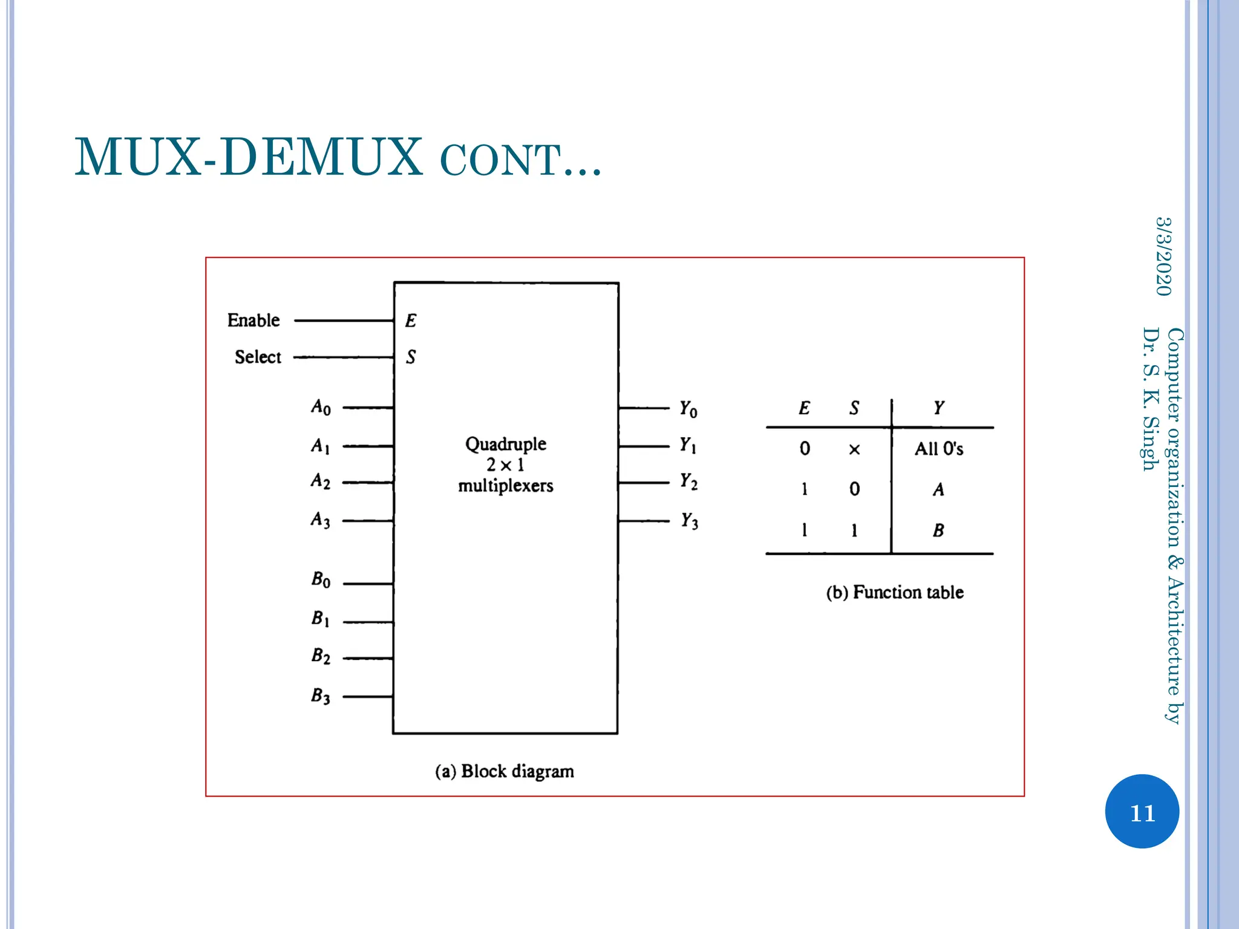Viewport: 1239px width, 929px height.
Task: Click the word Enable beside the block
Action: [x=253, y=320]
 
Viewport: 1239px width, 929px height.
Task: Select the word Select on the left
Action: [x=258, y=357]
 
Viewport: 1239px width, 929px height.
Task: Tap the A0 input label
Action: [x=321, y=407]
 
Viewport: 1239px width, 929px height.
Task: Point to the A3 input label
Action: [x=321, y=520]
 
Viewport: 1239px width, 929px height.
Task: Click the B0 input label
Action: [x=321, y=579]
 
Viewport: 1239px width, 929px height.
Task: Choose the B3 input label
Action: [x=321, y=696]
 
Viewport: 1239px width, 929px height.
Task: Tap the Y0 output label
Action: [x=688, y=409]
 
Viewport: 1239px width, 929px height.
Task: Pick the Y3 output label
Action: [x=689, y=520]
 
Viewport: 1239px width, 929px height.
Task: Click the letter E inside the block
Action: [x=411, y=321]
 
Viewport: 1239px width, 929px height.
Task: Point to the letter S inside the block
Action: [x=411, y=357]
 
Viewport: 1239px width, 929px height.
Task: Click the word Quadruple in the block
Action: [x=506, y=444]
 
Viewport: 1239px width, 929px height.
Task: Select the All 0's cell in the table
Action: [x=938, y=449]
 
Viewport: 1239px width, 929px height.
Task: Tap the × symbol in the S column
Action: [x=854, y=449]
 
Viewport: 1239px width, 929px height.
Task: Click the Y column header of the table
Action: [x=938, y=408]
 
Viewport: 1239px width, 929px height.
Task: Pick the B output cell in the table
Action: [x=938, y=530]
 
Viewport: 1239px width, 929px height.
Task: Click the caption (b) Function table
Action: [x=895, y=592]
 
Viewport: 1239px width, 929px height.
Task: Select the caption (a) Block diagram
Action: [x=505, y=771]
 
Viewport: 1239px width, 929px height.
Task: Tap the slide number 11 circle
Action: [x=1142, y=812]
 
